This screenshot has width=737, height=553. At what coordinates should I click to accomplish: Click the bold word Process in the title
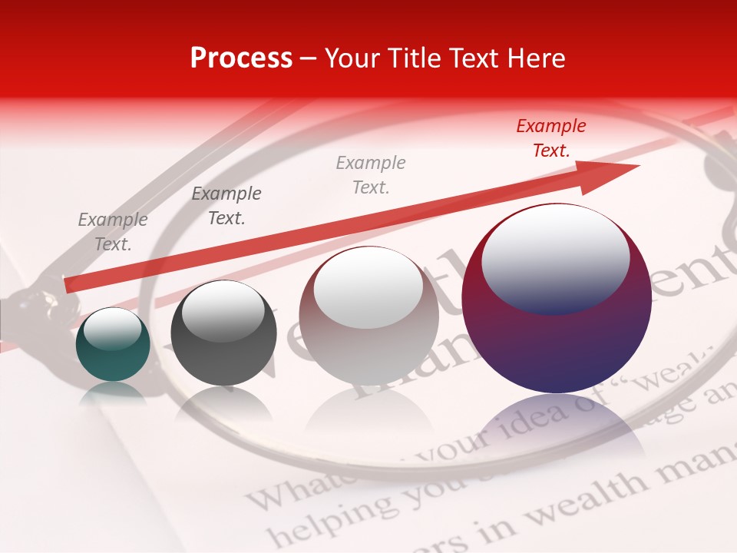coord(241,58)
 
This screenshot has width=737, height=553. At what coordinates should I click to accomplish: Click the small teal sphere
coord(113,344)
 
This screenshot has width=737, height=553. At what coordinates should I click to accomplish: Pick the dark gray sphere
coord(223,333)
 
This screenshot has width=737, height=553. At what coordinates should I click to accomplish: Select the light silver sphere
coord(368,316)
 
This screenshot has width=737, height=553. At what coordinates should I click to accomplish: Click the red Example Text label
coord(550,138)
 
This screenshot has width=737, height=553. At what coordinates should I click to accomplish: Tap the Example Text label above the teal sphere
coord(113,232)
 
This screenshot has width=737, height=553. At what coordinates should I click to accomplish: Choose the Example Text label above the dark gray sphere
coord(226,206)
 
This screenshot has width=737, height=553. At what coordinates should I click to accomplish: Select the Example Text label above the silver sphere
coord(371,174)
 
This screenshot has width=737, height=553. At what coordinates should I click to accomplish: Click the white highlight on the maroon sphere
coord(556,257)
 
